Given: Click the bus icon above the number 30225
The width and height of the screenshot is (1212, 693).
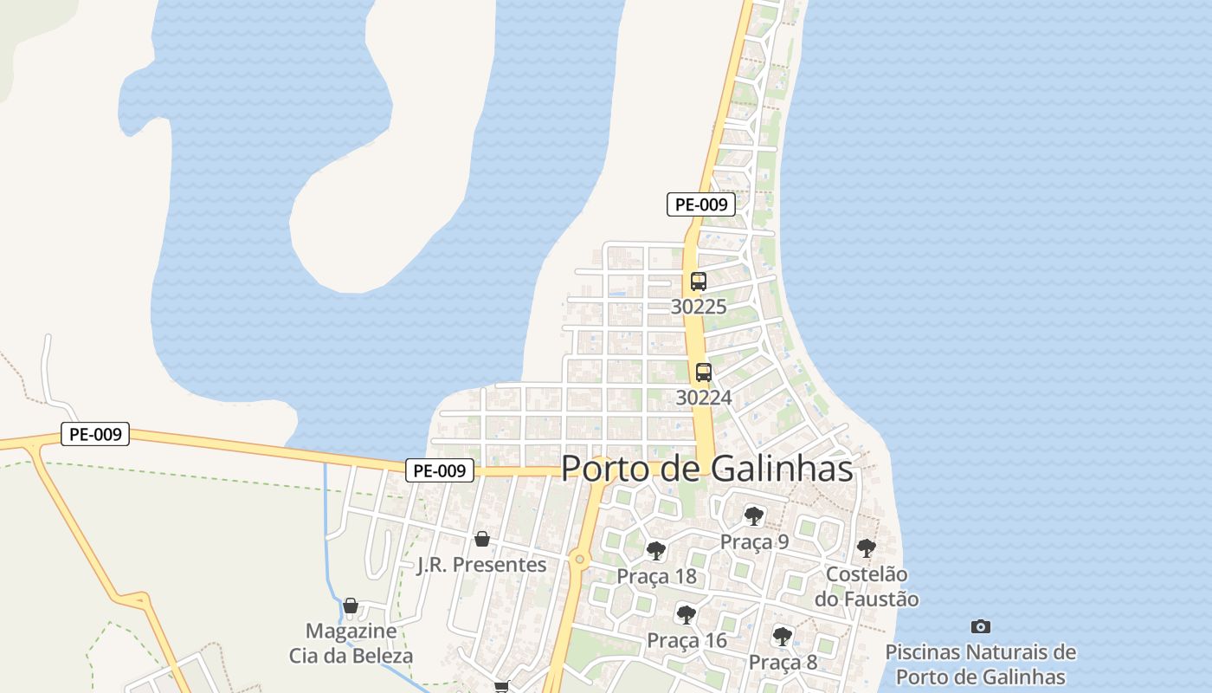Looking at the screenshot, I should [699, 282].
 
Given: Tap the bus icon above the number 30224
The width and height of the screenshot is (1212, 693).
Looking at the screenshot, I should [704, 372].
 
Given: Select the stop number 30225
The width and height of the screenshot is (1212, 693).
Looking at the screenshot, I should [699, 307].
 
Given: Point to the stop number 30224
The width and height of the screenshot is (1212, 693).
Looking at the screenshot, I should [704, 398].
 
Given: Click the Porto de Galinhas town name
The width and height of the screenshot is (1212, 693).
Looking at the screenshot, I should [706, 469].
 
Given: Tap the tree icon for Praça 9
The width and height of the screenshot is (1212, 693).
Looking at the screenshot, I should [754, 516].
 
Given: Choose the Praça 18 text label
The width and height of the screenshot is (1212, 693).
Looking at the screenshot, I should [656, 576].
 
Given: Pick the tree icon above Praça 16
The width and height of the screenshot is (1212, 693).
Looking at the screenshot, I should [687, 615].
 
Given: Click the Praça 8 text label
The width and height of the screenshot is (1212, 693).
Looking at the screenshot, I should [783, 663].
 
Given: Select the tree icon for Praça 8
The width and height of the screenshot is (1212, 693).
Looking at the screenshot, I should [783, 637].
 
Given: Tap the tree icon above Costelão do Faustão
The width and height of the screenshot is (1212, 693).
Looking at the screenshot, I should [866, 548].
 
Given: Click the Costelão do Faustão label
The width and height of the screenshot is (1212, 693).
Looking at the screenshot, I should [867, 586].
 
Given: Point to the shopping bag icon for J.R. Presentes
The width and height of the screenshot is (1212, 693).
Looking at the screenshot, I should [482, 539].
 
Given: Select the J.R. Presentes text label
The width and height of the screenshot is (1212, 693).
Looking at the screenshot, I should [482, 565].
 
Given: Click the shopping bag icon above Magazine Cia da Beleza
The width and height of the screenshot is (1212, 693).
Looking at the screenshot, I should [351, 606].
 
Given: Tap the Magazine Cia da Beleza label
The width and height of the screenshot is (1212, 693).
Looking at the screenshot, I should [351, 643].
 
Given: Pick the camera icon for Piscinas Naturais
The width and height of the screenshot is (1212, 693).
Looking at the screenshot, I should [981, 626].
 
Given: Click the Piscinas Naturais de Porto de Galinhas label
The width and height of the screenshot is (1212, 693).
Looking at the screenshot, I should [981, 664].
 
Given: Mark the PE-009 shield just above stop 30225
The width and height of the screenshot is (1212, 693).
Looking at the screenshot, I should [701, 204].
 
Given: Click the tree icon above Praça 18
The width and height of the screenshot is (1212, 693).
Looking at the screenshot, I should [656, 550].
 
